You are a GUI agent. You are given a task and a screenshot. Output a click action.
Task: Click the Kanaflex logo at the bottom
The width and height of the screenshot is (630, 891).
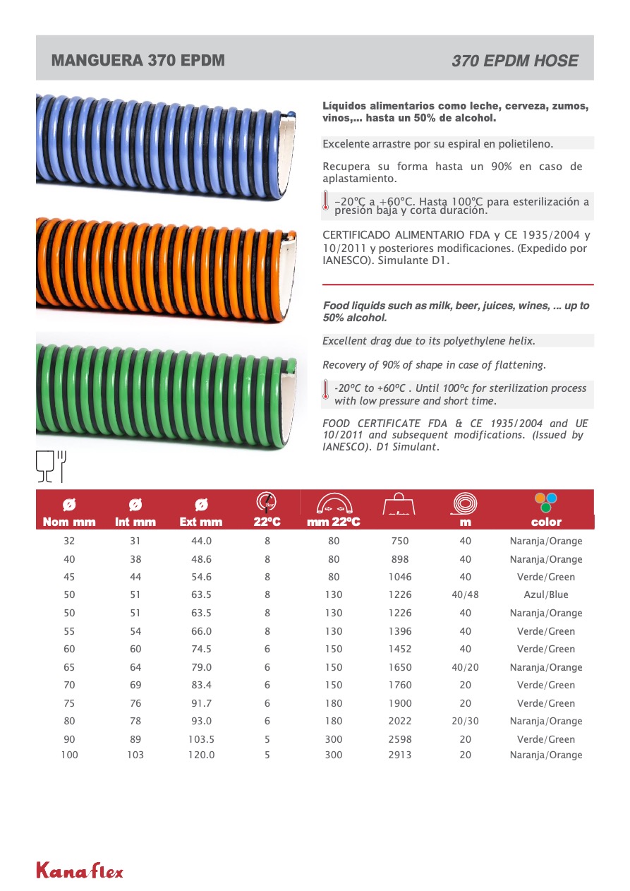click(79, 871)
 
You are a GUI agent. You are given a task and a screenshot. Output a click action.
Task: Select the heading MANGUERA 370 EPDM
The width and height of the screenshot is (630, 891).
click(138, 61)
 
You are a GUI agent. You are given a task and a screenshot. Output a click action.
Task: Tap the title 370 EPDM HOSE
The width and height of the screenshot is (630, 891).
click(514, 61)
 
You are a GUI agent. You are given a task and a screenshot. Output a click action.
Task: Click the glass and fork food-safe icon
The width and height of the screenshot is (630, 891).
click(51, 465)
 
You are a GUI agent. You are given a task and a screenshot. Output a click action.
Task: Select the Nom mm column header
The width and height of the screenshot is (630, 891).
click(69, 522)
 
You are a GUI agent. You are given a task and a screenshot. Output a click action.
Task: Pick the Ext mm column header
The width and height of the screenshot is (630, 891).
click(201, 522)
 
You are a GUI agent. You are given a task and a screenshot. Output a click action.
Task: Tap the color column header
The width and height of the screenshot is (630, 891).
click(546, 522)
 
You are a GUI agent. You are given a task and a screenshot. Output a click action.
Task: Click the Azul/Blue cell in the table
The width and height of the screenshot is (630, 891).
click(546, 595)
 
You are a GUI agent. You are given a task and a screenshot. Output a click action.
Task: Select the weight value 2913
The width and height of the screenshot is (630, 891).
click(399, 755)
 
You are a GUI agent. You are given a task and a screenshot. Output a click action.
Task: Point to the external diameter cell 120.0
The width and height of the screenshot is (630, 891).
click(201, 755)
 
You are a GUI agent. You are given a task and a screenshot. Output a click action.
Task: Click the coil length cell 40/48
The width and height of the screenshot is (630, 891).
click(465, 595)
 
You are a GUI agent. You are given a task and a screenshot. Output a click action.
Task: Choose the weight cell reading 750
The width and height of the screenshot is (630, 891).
click(399, 542)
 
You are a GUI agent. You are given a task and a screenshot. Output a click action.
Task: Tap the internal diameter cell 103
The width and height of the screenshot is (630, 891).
click(135, 755)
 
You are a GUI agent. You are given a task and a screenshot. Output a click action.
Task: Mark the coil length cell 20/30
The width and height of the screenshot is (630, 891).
click(465, 722)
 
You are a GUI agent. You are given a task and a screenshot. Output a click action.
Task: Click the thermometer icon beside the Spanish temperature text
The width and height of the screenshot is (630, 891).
click(325, 201)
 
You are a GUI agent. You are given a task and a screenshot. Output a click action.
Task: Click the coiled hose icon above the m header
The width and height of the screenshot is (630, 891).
click(464, 503)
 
